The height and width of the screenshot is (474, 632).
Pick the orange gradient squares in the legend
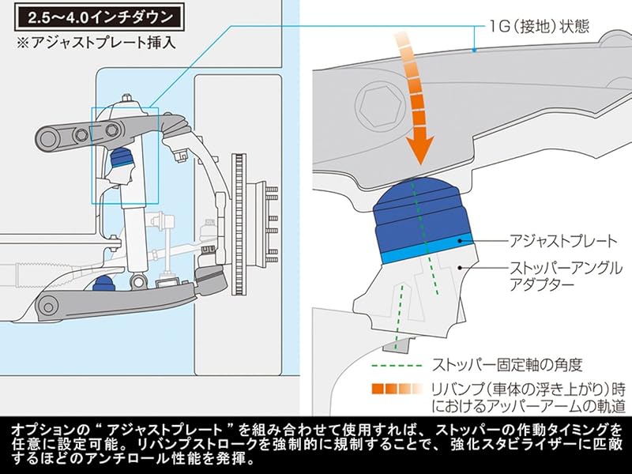tap(399, 389)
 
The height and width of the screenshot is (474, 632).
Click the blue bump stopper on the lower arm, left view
tap(102, 282)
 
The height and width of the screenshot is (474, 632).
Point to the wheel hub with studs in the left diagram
tap(261, 207)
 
